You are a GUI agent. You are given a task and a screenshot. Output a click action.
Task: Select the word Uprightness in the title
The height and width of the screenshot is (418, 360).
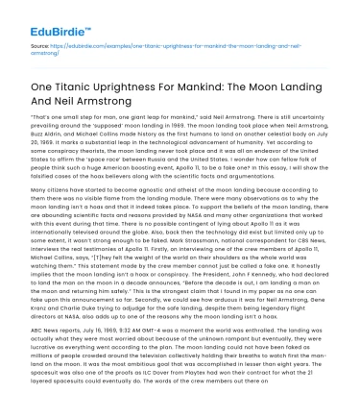coord(141,86)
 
